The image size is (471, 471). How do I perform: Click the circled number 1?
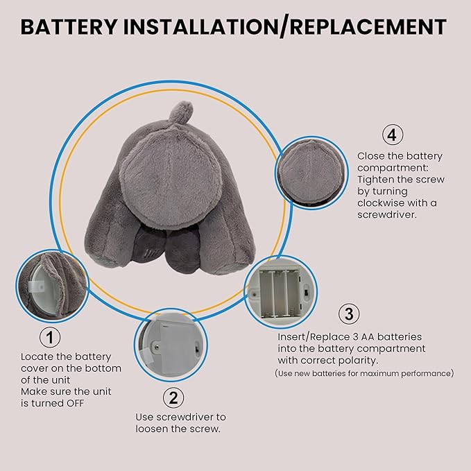click(50, 337)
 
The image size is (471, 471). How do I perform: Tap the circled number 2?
click(173, 397)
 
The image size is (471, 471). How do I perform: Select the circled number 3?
click(349, 314)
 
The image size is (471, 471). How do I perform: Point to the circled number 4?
click(393, 135)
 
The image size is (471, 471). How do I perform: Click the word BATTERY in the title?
click(69, 27)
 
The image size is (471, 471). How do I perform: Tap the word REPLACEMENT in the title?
click(368, 27)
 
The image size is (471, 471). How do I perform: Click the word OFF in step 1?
click(75, 403)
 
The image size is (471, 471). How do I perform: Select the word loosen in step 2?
click(152, 429)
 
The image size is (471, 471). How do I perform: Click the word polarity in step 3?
click(359, 361)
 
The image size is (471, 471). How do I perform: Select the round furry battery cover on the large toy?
click(171, 177)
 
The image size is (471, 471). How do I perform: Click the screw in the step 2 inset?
click(157, 348)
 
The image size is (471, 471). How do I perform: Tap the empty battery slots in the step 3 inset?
click(280, 293)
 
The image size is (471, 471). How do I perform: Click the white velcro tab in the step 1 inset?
click(37, 286)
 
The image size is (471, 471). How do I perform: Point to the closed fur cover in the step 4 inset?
click(311, 172)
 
